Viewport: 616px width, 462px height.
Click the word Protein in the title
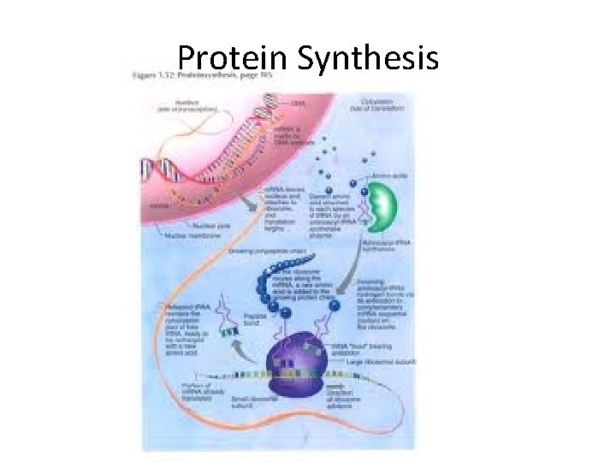(x=233, y=58)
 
